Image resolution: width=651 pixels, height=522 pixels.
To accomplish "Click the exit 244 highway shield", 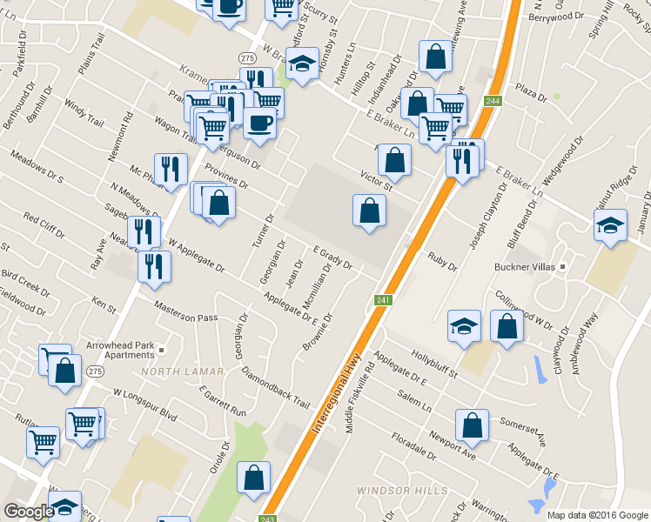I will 493,102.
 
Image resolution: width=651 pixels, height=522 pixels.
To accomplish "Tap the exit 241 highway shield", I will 384,300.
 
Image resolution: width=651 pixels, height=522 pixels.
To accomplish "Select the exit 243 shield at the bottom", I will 267,518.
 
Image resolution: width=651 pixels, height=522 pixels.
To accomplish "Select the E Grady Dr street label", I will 332,256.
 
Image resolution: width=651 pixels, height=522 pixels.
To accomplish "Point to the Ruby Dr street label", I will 442,261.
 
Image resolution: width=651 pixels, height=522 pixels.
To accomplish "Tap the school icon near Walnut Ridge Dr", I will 611,224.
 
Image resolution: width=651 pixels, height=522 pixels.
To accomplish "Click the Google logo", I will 29,512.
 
